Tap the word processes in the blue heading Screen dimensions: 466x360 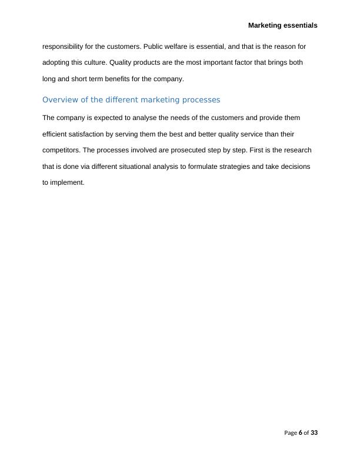point(201,100)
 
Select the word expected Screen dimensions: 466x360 point(107,118)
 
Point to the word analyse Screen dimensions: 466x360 point(141,118)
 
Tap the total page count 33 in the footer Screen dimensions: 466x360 point(314,433)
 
